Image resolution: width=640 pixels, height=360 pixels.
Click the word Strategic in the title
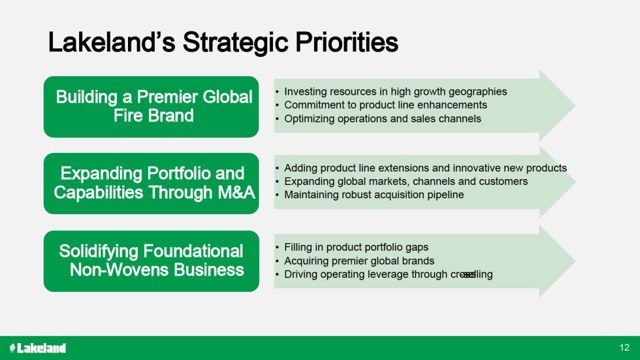(x=236, y=42)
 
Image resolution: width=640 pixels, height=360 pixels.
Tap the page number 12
(x=624, y=347)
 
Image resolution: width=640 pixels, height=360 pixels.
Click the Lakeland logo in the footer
(x=38, y=348)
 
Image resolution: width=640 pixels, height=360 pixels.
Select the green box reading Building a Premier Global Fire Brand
(x=151, y=107)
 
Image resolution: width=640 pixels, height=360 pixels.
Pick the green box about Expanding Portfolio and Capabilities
(x=151, y=184)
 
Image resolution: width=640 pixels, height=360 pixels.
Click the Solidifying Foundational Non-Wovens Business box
(x=151, y=261)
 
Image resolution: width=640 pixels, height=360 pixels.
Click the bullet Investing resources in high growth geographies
(x=395, y=91)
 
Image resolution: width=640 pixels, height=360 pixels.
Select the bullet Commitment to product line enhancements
(x=385, y=105)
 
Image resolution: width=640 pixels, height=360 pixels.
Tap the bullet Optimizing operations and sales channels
(x=382, y=119)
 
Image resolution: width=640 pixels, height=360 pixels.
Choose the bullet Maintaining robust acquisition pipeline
(x=374, y=195)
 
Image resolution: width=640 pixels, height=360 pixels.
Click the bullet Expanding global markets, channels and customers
(x=406, y=181)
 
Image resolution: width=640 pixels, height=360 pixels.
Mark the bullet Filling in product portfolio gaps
(x=356, y=247)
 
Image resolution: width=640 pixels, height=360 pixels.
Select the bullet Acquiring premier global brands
(x=359, y=261)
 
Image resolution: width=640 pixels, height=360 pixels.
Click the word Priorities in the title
(x=347, y=42)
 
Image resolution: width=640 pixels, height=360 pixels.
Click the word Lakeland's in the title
(x=112, y=42)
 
